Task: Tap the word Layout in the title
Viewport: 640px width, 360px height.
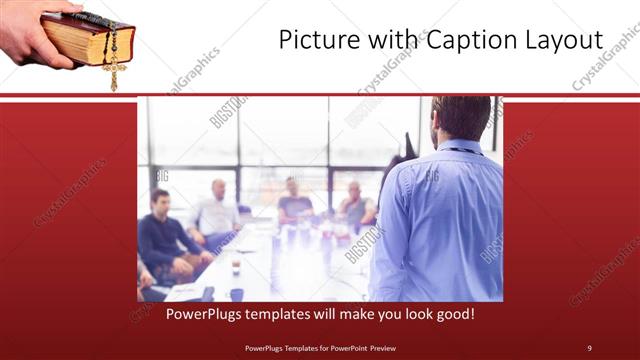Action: (565, 41)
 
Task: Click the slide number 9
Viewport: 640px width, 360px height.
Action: (589, 348)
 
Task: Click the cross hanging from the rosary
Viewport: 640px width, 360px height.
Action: (113, 76)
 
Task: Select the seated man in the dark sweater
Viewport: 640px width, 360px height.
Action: (164, 240)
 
